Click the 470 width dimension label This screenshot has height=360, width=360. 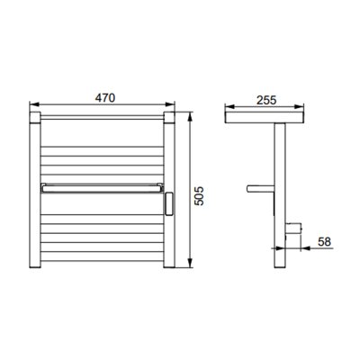[105, 98]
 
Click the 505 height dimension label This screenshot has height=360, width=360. [199, 196]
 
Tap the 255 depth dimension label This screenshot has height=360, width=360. [266, 100]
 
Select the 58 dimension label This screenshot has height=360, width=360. [324, 241]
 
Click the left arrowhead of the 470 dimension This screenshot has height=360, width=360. [34, 104]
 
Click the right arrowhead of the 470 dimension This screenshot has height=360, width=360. [170, 104]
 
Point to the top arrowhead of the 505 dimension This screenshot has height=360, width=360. [190, 117]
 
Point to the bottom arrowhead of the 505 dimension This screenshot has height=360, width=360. [190, 263]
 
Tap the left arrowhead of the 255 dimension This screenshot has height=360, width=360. [229, 106]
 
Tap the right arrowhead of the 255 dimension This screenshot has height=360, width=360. [299, 106]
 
